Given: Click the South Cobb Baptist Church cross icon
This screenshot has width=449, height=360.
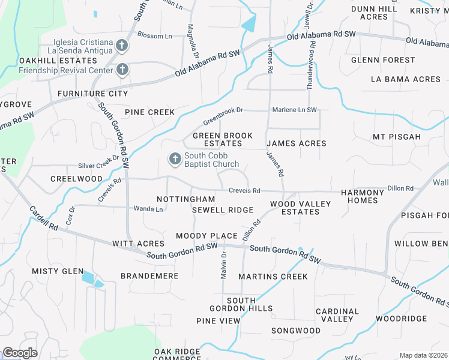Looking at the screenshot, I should point(174,159).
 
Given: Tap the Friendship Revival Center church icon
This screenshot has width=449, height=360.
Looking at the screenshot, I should point(122,70).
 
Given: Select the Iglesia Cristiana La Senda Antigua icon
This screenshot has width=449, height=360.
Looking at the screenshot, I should point(122,46).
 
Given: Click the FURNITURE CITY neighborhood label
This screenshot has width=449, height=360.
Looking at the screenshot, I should point(92,94).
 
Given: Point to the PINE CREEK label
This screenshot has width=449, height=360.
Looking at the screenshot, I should point(149,112).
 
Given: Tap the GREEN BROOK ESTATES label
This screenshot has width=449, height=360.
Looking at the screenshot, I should point(223,140).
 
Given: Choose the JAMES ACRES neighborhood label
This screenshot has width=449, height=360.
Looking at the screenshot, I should point(296,143).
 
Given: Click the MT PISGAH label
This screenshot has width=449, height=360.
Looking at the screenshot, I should point(397,137).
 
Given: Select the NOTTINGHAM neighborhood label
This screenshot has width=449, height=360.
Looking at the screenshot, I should point(185,199).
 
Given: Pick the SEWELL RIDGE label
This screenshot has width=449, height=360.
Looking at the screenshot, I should point(222,210).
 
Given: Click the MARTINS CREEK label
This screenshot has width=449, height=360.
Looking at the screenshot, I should point(273,277).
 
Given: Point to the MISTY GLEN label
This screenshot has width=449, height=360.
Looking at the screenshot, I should point(58,271).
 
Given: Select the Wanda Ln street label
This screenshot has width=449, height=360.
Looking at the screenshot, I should point(151,209).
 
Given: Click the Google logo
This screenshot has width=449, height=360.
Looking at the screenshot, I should point(20,353).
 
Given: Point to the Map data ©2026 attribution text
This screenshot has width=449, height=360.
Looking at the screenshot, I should point(423,356).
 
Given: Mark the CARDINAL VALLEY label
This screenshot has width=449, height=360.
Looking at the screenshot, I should point(337,315).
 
